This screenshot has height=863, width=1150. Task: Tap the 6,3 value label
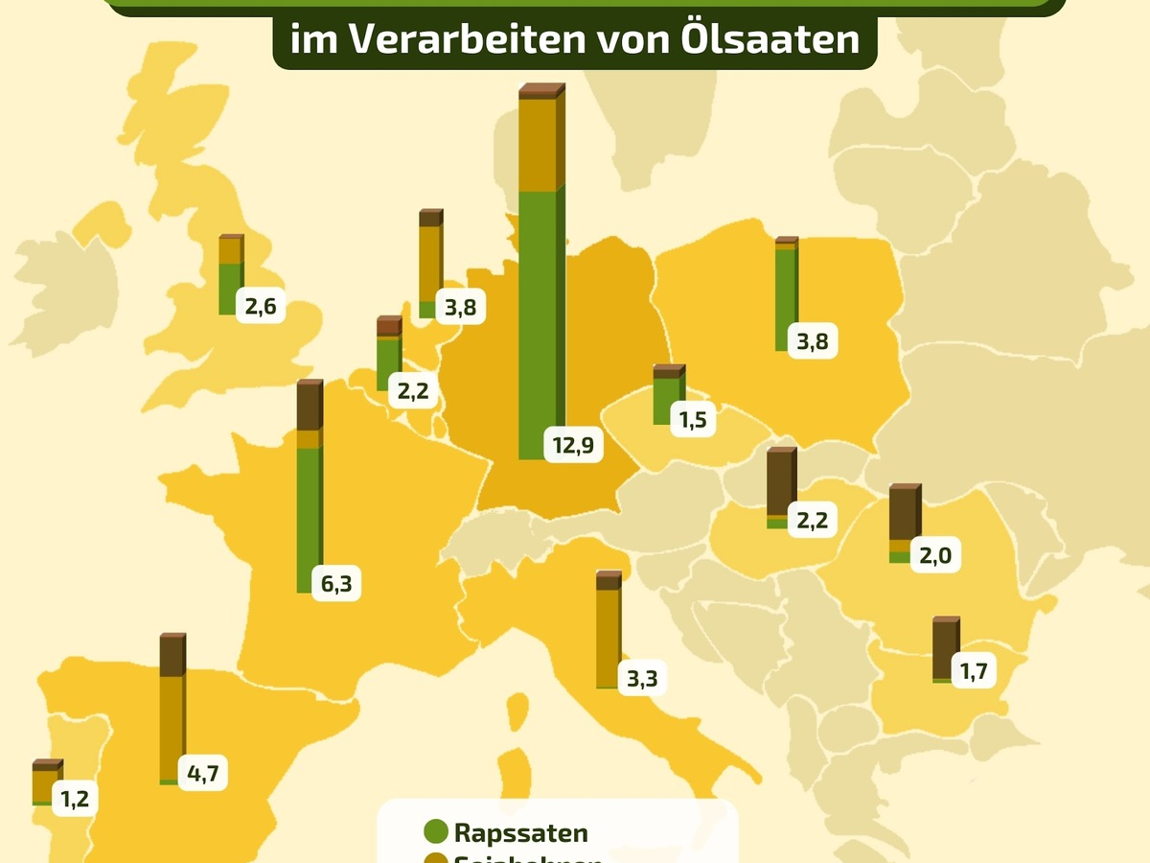point(334,583)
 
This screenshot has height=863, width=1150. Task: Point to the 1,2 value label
point(75,798)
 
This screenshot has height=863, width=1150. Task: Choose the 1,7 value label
point(973,671)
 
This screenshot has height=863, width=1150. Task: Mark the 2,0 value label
point(934,556)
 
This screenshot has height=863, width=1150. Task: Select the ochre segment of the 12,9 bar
point(539,144)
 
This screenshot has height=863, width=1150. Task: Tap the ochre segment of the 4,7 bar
point(171,727)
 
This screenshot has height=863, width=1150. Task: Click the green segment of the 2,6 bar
point(229,288)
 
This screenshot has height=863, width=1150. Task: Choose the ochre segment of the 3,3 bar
point(607,638)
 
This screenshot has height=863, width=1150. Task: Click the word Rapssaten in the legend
point(520,833)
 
